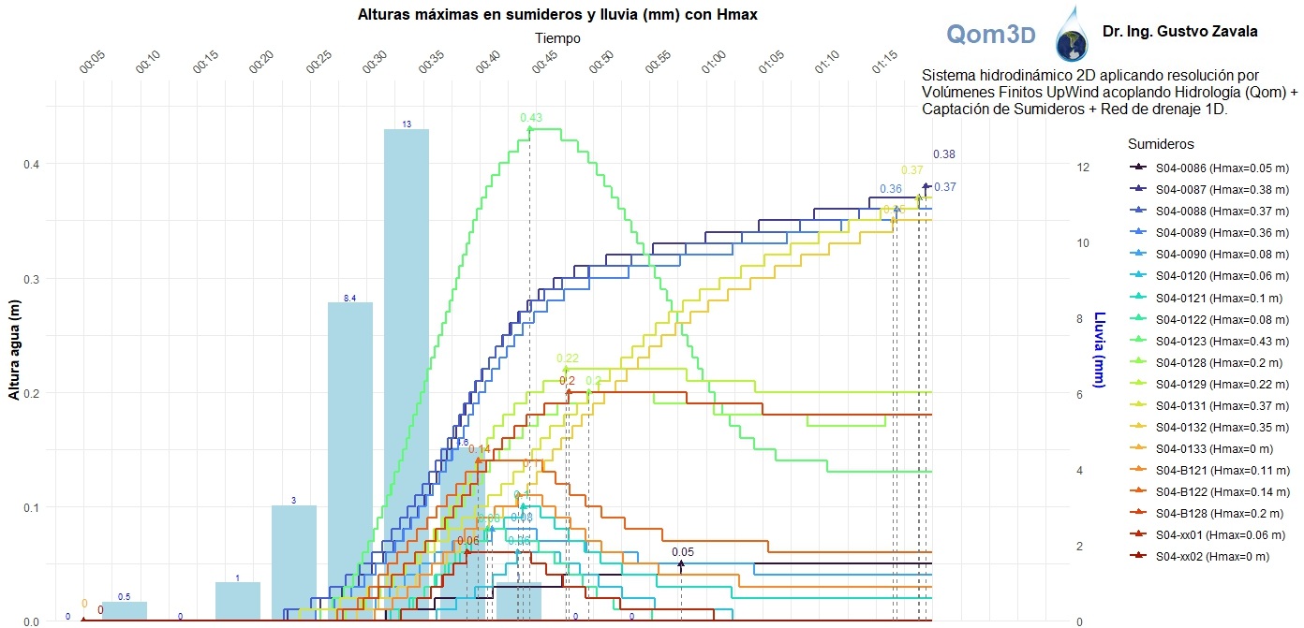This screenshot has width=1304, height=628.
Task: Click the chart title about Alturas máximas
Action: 557,15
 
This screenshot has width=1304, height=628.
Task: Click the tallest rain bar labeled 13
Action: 407,374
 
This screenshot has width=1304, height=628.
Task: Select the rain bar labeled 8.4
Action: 349,459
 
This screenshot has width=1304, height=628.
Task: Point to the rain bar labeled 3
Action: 293,562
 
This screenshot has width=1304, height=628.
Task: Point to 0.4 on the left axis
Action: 31,165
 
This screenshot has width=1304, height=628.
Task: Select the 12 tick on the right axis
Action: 1083,168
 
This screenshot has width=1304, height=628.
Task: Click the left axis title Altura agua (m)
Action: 14,350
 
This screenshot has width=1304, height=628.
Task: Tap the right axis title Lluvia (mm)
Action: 1101,350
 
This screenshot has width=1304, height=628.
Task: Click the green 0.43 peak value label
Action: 531,118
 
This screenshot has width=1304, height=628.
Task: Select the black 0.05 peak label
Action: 683,552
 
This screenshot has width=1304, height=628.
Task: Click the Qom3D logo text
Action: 990,35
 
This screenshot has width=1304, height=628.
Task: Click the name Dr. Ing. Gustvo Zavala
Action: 1179,32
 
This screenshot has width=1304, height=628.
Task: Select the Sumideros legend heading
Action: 1161,144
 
